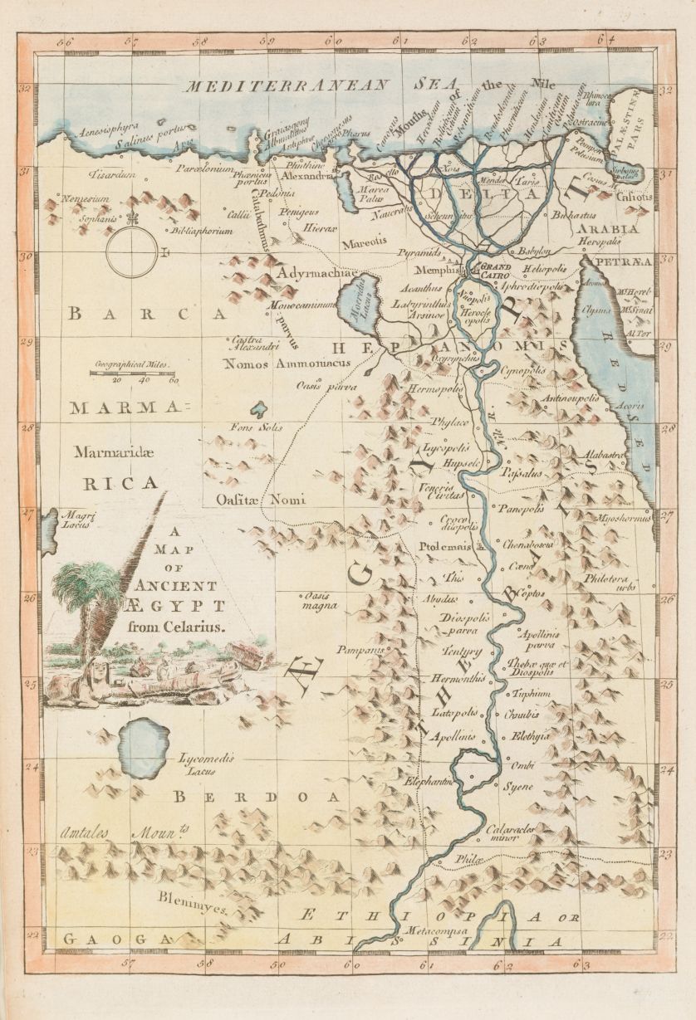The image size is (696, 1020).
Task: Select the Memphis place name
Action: tap(439, 271)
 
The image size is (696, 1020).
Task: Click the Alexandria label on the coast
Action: tap(307, 177)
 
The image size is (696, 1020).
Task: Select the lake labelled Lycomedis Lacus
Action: tap(145, 748)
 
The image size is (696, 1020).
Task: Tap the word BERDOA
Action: tap(257, 797)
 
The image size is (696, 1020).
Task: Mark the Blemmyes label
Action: tap(194, 908)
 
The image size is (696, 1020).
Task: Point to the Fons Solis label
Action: tap(256, 427)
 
